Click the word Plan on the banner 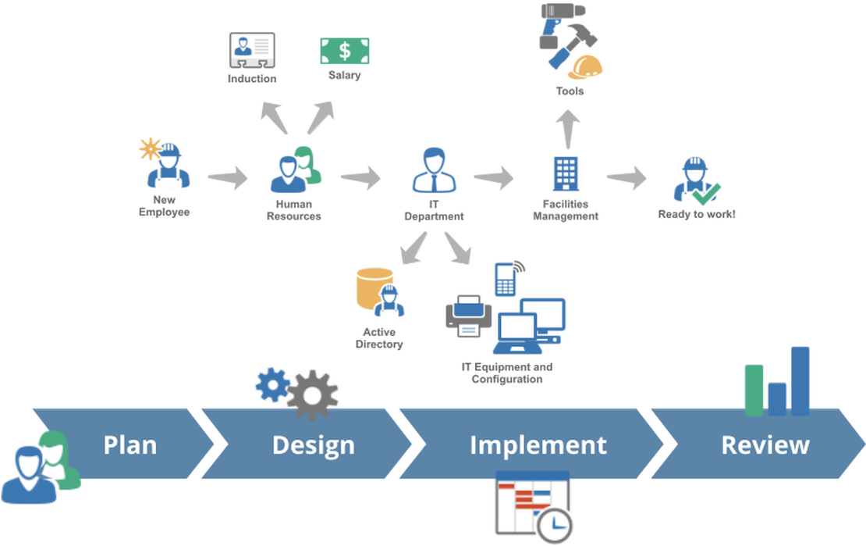click(130, 444)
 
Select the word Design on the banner click(313, 444)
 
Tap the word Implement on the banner click(538, 444)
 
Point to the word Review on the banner click(765, 444)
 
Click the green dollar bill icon click(344, 51)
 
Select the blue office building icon click(566, 173)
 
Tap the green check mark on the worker click(712, 190)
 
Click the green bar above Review click(754, 387)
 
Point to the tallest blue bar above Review click(800, 379)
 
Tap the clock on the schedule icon click(555, 524)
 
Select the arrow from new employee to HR click(228, 177)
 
